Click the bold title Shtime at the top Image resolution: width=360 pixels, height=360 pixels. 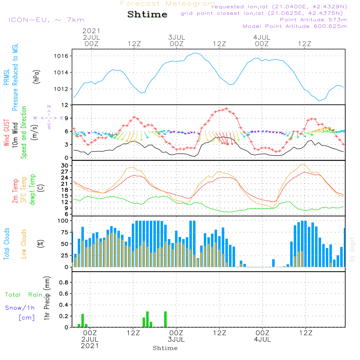click(148, 14)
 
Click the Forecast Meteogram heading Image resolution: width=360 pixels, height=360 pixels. click(168, 4)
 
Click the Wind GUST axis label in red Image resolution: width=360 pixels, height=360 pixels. click(6, 134)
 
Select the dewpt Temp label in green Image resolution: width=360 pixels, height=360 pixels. click(32, 190)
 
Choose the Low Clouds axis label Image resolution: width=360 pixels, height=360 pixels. click(24, 243)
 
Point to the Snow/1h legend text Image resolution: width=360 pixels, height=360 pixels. click(20, 308)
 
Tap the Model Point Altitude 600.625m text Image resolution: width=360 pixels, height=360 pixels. click(295, 26)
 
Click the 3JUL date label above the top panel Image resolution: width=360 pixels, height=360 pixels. click(176, 37)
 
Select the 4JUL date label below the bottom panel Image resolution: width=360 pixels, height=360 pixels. click(262, 339)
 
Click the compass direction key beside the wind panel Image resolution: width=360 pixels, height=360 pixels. click(49, 117)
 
